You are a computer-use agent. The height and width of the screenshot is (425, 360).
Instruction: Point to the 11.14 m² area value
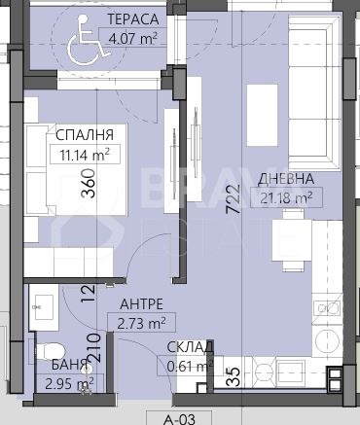point(85,153)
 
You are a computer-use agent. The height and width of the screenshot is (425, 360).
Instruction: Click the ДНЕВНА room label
point(285,179)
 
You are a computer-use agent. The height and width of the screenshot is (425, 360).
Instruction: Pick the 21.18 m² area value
point(285,197)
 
